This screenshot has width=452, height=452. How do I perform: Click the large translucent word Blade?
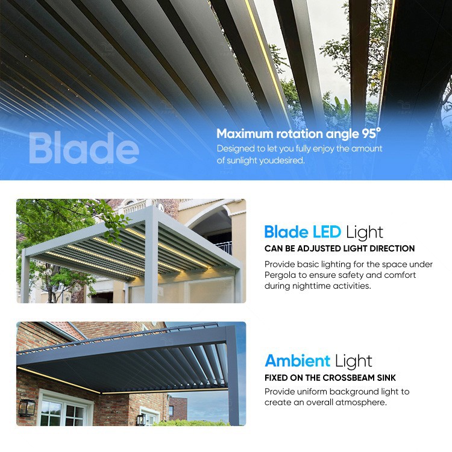(x=83, y=149)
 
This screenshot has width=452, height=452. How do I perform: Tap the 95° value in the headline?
(x=370, y=133)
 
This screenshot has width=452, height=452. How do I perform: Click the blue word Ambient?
(x=297, y=360)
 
